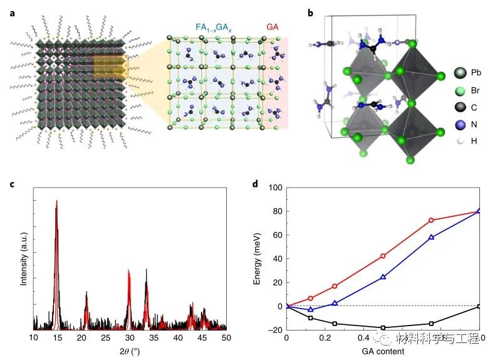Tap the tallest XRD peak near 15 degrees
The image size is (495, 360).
pos(56,202)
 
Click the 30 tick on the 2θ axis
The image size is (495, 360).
pos(129,338)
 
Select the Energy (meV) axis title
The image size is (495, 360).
pos(258,257)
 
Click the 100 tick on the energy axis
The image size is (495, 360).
pos(275,188)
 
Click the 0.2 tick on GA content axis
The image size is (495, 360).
pos(335,338)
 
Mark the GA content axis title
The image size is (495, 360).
pos(383,350)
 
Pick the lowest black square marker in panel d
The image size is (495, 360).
pos(383,327)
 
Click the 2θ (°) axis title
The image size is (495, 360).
pos(129,350)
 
